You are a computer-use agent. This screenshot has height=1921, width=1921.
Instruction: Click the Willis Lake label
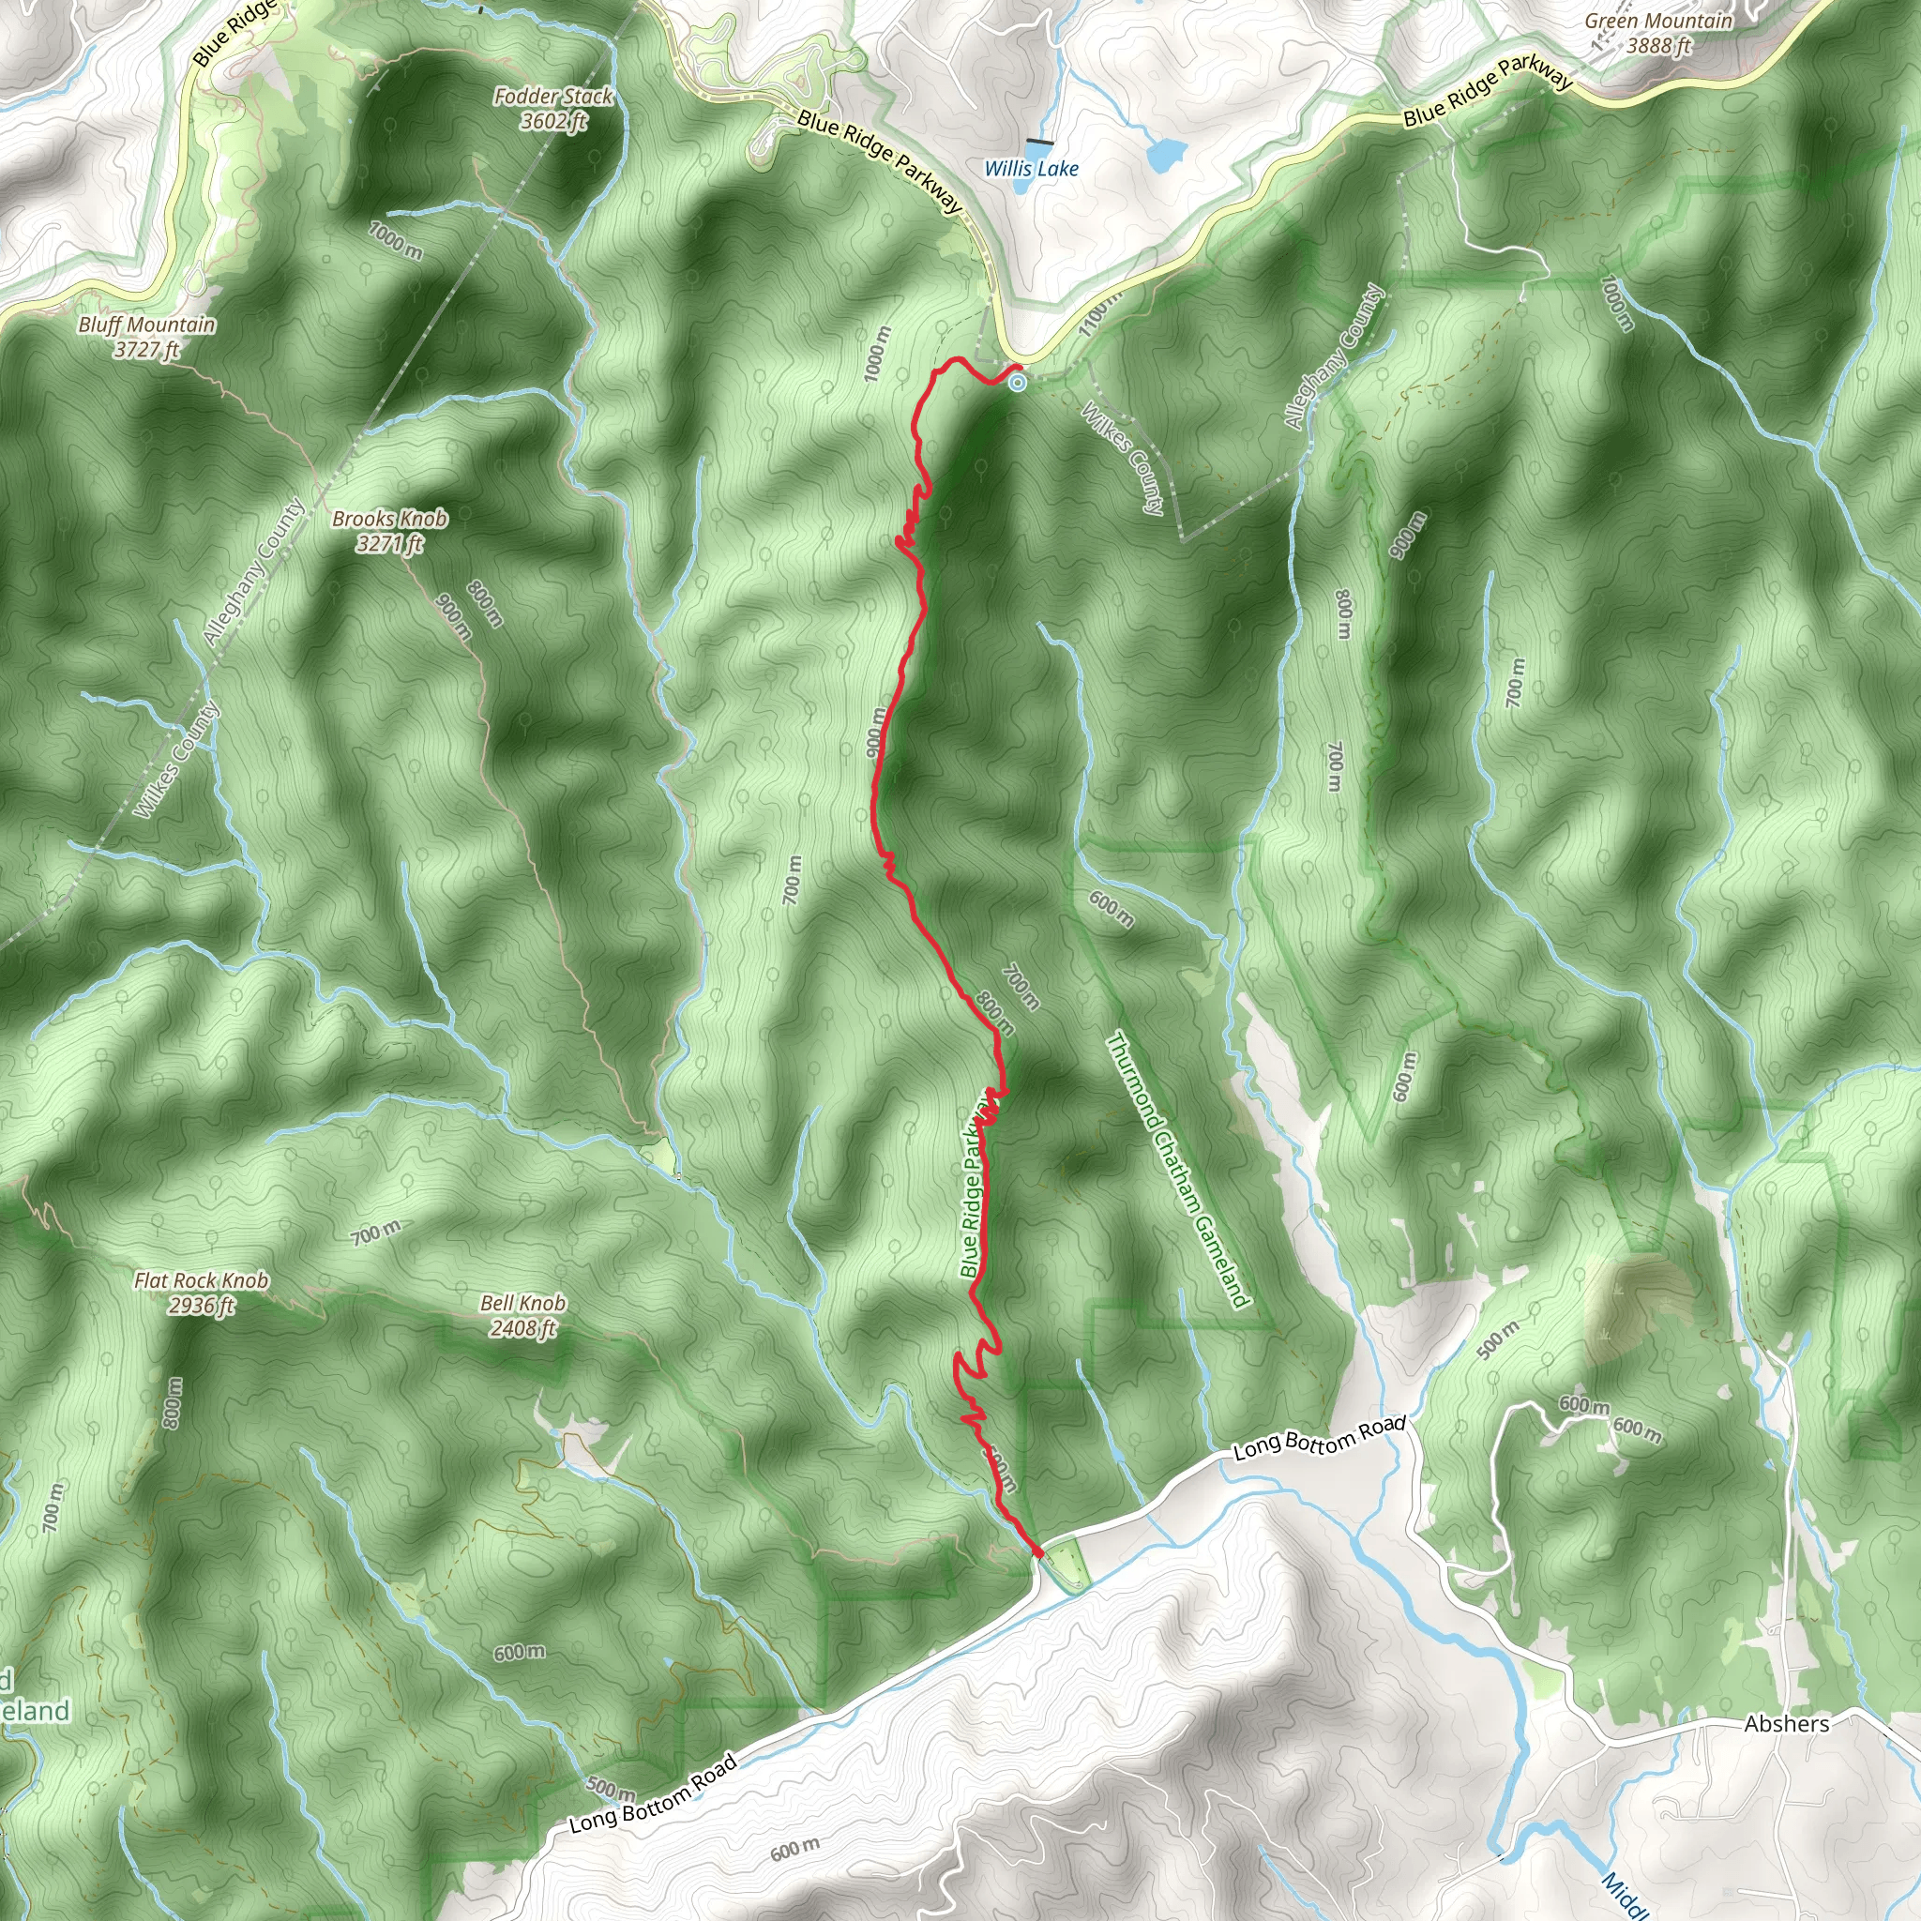tap(1031, 169)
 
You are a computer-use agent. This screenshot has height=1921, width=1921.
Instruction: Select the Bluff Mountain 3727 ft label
tap(147, 336)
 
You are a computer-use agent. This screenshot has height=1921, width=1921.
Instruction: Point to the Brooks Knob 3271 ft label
tap(390, 530)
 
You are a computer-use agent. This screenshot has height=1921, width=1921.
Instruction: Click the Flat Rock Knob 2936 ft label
tap(201, 1293)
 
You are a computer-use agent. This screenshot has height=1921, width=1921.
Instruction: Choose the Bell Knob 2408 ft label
tap(523, 1314)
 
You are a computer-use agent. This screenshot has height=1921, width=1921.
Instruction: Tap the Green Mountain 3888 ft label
tap(1658, 33)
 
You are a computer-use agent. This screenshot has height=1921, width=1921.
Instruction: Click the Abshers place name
tap(1787, 1724)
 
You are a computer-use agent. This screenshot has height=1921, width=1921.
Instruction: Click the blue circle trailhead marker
tap(1017, 382)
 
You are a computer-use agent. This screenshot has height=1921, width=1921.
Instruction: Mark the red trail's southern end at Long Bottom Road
tap(1037, 1551)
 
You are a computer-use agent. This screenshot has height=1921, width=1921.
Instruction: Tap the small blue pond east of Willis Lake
tap(1166, 153)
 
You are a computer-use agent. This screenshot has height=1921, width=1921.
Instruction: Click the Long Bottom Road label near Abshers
tap(1320, 1439)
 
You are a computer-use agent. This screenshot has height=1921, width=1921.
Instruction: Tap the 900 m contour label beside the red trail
tap(875, 732)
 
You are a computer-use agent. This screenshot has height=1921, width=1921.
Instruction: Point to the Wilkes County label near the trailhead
tap(1123, 458)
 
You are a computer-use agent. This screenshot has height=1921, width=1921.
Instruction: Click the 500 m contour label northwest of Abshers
tap(1497, 1339)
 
